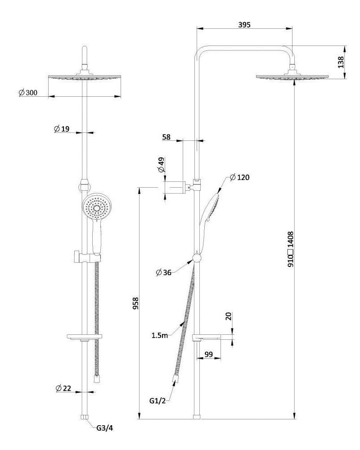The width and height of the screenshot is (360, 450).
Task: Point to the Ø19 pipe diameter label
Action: [x=62, y=129]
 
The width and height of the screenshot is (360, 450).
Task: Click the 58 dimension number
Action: [x=166, y=137]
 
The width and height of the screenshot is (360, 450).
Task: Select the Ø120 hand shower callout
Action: [x=239, y=177]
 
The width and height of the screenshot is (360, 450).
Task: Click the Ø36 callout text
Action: [x=165, y=273]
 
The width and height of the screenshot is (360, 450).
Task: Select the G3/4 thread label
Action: [x=104, y=428]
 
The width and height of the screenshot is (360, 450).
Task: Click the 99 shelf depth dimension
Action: [x=208, y=355]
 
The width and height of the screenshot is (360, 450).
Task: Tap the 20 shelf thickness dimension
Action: [x=229, y=316]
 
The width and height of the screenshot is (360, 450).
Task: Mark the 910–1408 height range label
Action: [x=291, y=250]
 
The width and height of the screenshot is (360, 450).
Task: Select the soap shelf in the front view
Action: [x=85, y=336]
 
